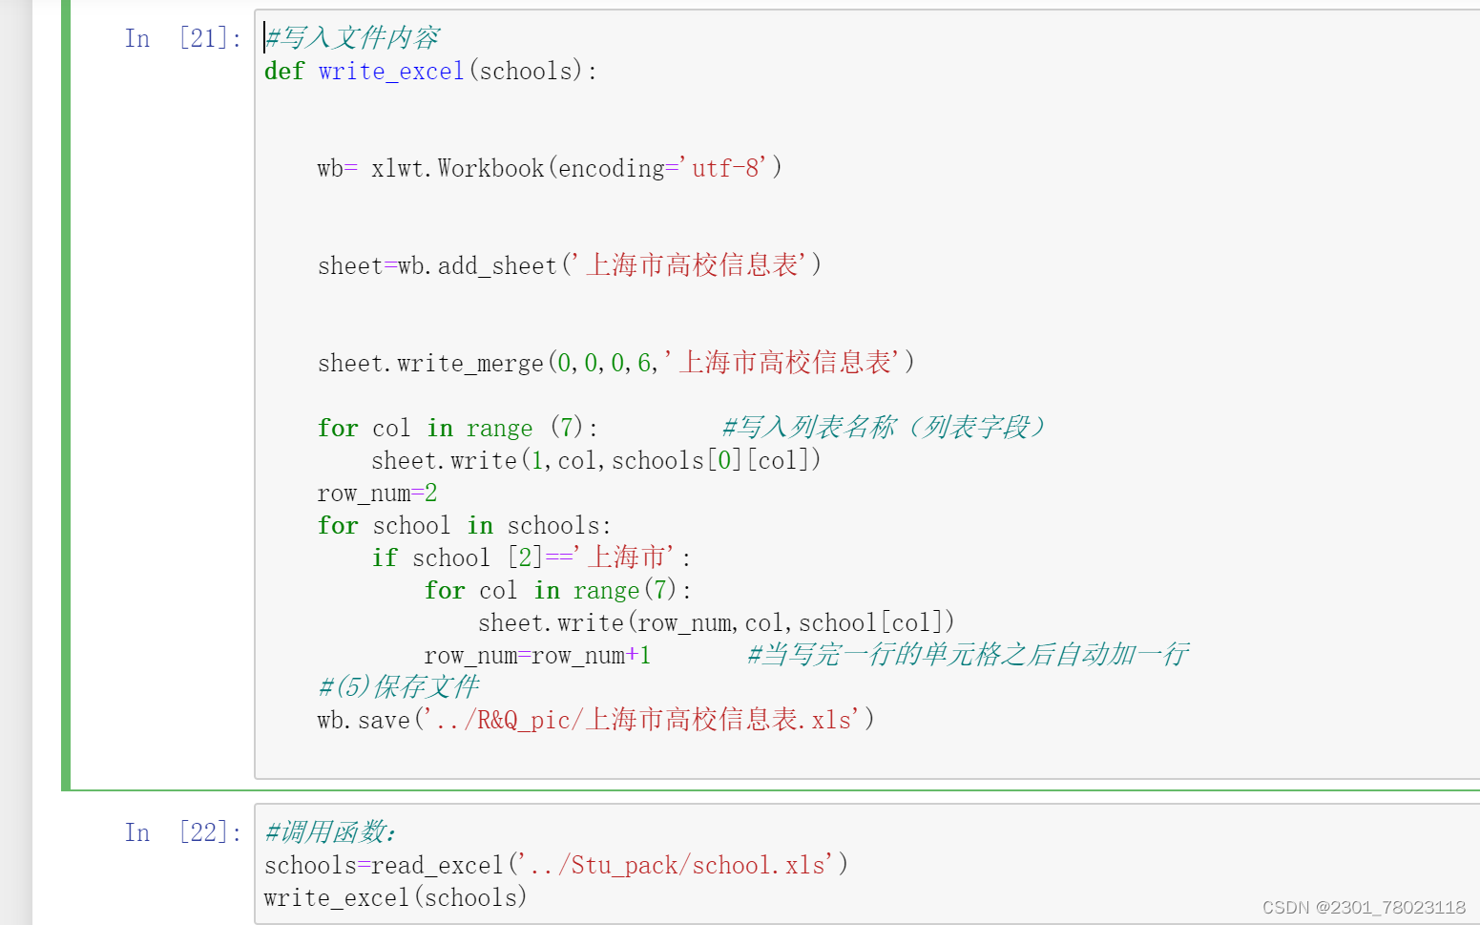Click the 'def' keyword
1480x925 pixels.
283,72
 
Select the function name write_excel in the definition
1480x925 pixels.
391,72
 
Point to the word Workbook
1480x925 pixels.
490,169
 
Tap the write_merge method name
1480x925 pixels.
469,364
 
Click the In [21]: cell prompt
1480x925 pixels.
182,39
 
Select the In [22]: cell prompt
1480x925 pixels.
182,833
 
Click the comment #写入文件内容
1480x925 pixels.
352,38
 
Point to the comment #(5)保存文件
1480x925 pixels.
398,687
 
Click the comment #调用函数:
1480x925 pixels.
330,832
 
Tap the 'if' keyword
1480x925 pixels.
385,558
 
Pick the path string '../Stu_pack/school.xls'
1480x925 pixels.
677,866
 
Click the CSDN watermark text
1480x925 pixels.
1364,907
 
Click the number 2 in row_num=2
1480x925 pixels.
431,494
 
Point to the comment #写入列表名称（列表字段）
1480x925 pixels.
884,428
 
